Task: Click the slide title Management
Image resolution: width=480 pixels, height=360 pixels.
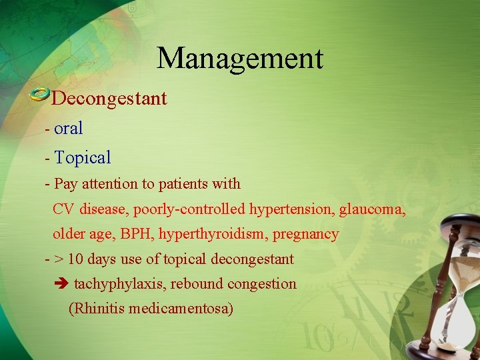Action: click(240, 58)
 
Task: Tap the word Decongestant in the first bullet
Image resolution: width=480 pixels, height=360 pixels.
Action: click(109, 99)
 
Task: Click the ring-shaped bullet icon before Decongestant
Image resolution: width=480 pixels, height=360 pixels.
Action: click(40, 94)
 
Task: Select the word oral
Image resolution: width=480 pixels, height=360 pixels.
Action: click(69, 129)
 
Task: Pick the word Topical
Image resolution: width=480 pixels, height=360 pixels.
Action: click(83, 158)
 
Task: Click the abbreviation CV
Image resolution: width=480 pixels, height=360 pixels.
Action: click(63, 209)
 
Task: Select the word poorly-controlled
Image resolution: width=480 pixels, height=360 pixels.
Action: click(189, 209)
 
